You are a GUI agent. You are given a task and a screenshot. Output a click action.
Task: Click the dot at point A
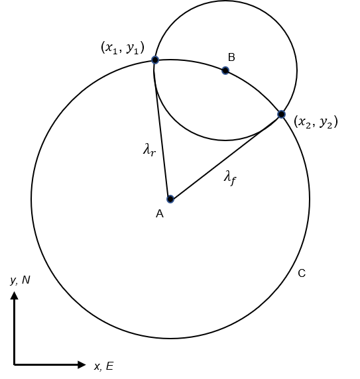[x=170, y=199]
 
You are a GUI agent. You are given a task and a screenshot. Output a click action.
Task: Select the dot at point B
[x=225, y=71]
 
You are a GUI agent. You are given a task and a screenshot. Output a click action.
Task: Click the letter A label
[x=160, y=214]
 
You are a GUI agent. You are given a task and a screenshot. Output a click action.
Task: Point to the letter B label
[x=231, y=57]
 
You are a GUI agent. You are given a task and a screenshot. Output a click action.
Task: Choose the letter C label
[x=302, y=274]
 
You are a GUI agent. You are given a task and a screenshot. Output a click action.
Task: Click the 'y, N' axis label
[x=20, y=280]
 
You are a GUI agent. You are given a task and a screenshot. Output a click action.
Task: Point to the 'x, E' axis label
[x=103, y=366]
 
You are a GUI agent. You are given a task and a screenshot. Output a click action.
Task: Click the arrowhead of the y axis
[x=15, y=296]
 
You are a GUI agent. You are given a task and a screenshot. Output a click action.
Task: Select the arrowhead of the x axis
[x=82, y=364]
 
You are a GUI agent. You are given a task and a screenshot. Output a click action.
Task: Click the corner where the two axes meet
[x=15, y=364]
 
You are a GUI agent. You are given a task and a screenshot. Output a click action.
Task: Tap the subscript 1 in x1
[x=115, y=51]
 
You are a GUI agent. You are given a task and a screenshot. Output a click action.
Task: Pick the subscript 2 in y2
[x=330, y=125]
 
